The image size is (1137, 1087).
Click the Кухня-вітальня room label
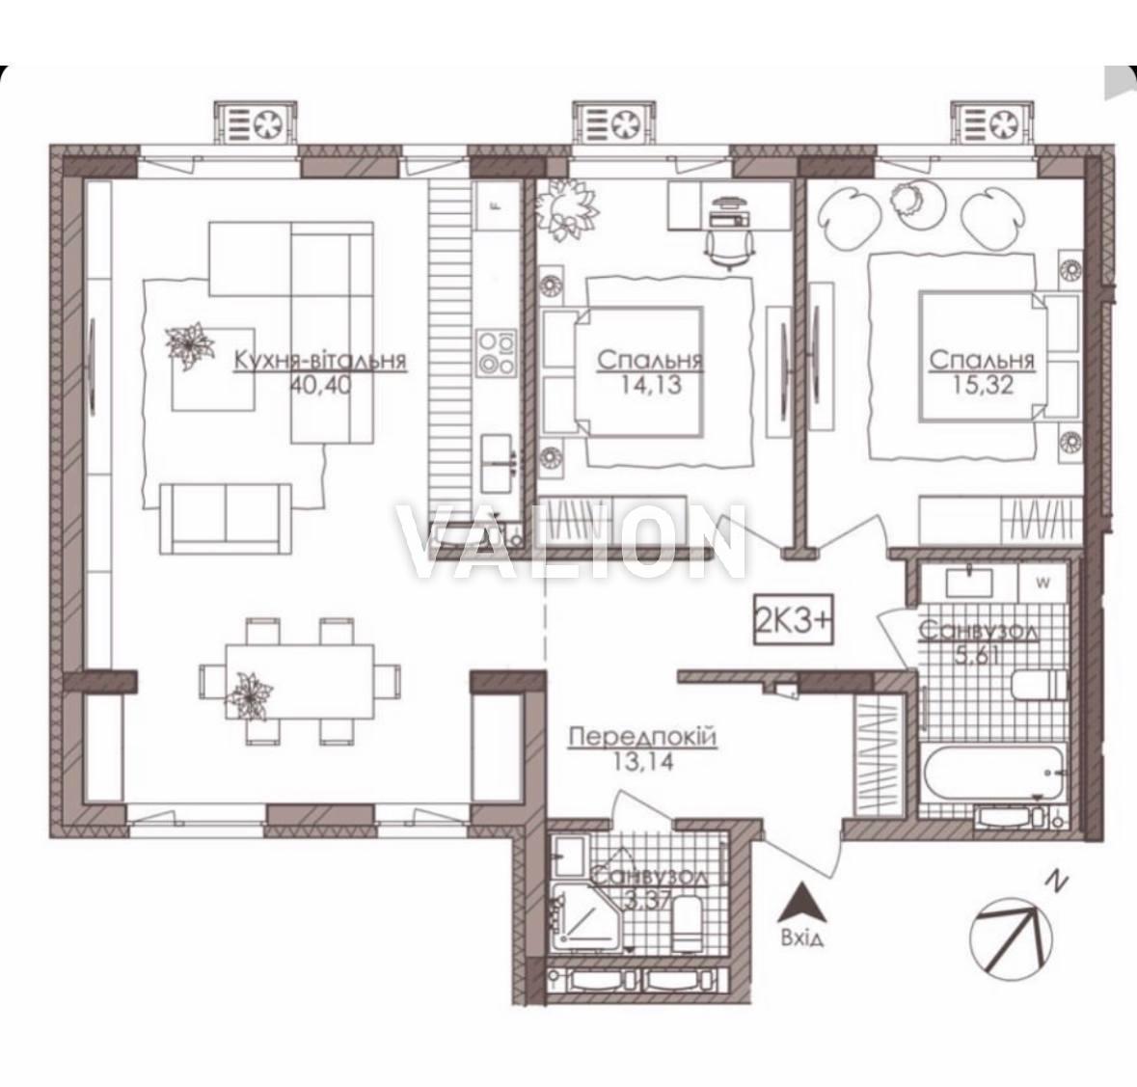coord(319,361)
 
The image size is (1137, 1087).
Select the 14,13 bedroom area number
coord(651,384)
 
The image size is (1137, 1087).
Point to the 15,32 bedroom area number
coord(983,384)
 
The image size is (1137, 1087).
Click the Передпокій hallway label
coord(643,738)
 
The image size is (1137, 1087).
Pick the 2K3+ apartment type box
coord(794,621)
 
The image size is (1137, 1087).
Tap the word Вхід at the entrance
coord(801,939)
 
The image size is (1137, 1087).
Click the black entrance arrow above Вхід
coord(801,904)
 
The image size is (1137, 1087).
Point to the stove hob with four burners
coord(497,352)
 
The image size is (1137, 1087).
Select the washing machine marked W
coord(1043,582)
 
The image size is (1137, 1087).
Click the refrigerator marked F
coord(497,205)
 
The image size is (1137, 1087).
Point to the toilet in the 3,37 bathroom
coord(686,922)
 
